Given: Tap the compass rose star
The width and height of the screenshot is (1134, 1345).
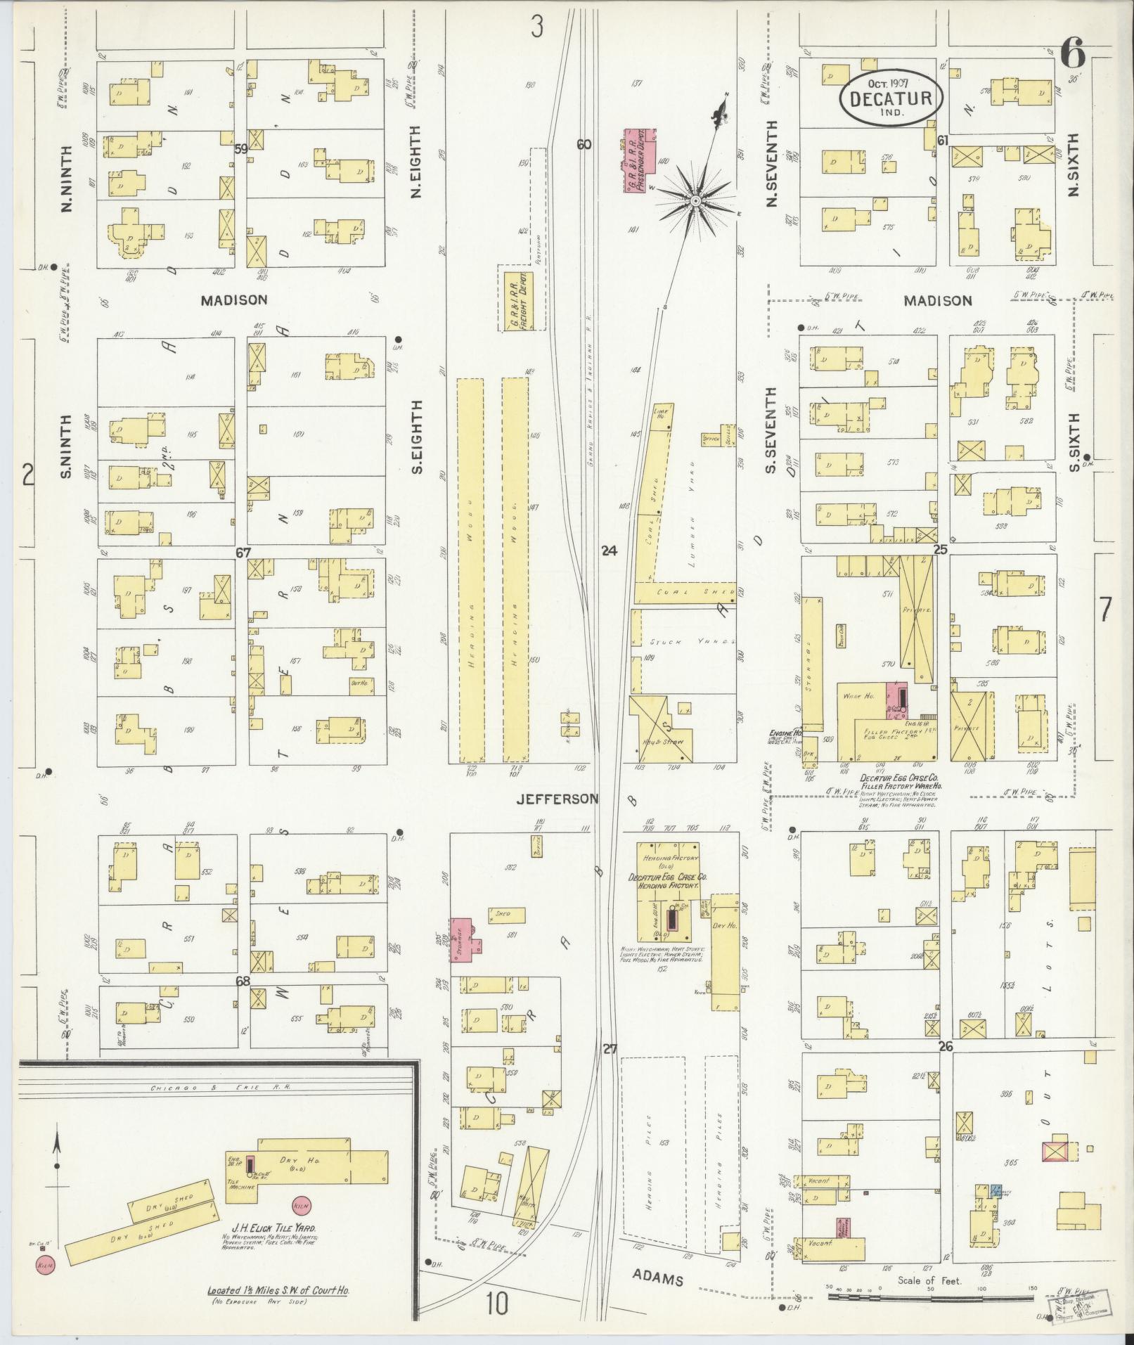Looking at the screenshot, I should [x=695, y=202].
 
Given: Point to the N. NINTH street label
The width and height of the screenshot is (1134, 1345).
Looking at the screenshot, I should [x=68, y=179].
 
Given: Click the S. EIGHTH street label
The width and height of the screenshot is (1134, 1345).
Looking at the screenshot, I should [x=416, y=436].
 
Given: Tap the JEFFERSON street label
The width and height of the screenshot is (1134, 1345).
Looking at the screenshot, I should [x=558, y=799].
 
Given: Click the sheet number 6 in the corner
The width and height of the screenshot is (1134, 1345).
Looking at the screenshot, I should [x=1073, y=54].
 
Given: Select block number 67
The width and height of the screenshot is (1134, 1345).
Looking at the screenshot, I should [x=243, y=553].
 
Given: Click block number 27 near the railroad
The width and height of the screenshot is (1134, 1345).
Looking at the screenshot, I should [x=609, y=1050].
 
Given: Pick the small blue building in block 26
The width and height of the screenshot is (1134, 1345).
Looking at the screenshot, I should [x=996, y=1191].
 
